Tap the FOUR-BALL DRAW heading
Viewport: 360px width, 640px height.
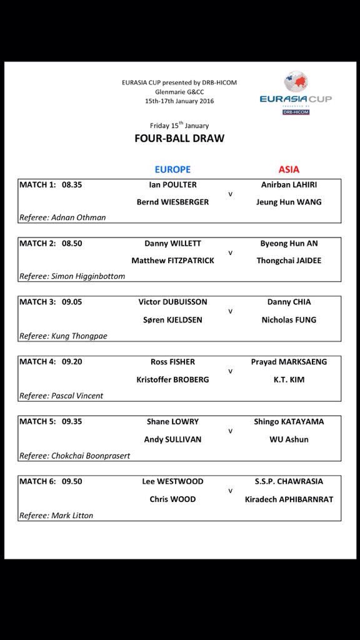tap(179, 138)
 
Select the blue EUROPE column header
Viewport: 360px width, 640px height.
tap(172, 169)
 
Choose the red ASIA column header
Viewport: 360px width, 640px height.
tap(289, 169)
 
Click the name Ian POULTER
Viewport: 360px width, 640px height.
tap(172, 184)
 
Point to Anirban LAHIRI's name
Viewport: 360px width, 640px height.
tap(288, 184)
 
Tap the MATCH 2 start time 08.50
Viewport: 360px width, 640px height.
tap(72, 243)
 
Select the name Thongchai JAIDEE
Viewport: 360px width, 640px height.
tap(289, 261)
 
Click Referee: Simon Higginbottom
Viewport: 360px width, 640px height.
tap(72, 276)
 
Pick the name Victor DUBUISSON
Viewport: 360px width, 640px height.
tap(172, 302)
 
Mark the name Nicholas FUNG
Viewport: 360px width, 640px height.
tap(289, 319)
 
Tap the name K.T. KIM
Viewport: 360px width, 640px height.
tap(289, 379)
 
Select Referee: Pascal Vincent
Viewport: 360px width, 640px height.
tap(61, 396)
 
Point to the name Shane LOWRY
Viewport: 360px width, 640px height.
tap(172, 422)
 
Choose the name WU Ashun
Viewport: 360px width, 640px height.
tap(289, 439)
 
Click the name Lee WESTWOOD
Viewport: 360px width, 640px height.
tap(172, 481)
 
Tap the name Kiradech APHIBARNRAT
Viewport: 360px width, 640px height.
tap(289, 499)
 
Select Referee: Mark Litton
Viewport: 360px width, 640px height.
tap(56, 516)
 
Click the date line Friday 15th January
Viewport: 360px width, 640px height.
tap(179, 125)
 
